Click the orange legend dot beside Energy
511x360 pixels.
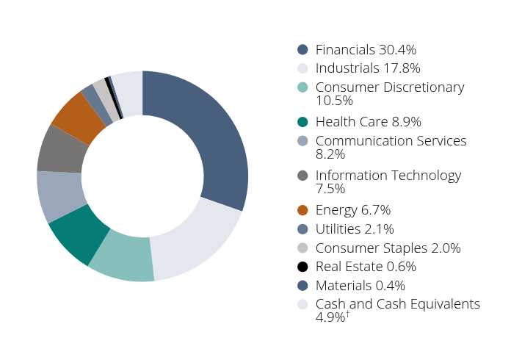302,211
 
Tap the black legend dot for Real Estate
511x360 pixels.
302,267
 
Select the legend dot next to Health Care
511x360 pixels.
302,122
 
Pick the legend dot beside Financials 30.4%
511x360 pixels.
302,50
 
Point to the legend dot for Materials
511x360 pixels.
302,286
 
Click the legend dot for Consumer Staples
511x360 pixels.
302,248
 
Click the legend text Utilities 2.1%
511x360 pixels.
355,229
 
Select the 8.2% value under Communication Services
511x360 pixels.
330,154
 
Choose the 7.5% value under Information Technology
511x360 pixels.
330,190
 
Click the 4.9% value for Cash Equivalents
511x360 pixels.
330,318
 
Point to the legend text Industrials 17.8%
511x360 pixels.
368,68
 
